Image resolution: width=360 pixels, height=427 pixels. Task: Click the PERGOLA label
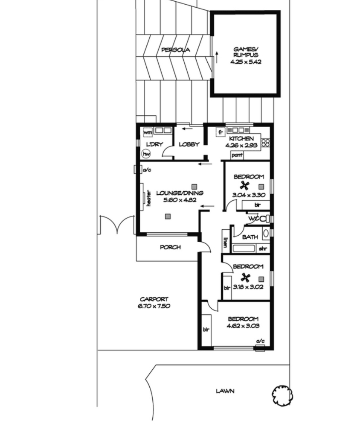[175, 50]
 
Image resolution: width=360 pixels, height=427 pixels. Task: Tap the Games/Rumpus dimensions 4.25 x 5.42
[246, 62]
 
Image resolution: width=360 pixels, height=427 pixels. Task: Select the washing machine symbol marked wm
[148, 133]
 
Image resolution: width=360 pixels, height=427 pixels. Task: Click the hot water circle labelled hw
[146, 154]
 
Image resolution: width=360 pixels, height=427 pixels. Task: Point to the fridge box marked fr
[221, 132]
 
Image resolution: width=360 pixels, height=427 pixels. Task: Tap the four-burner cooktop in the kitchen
[266, 143]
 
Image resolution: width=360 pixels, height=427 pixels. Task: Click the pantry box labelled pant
[237, 155]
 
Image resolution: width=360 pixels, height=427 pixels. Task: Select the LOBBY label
[189, 144]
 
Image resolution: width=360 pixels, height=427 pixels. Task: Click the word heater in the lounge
[148, 198]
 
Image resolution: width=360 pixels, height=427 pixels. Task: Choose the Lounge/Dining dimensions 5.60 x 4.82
[180, 200]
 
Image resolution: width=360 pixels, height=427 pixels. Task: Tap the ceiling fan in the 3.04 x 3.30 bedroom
[244, 186]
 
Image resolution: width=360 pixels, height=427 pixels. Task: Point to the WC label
[253, 218]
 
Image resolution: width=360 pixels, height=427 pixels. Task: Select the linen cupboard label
[225, 243]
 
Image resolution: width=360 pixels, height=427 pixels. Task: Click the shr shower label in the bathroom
[263, 249]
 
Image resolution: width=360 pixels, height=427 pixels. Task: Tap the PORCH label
[170, 247]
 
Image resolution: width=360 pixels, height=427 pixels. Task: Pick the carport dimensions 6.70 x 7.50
[154, 306]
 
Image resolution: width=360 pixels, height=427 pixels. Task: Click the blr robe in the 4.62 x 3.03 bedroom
[206, 329]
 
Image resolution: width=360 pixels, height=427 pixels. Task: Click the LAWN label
[225, 391]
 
